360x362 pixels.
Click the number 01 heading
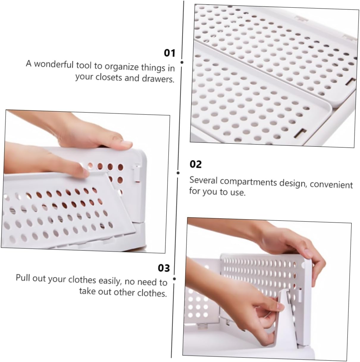coord(170,53)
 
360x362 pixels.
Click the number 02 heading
coord(195,164)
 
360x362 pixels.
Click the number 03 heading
coord(163,268)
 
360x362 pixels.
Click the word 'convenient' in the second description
coord(331,184)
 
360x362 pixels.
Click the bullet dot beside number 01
coord(182,62)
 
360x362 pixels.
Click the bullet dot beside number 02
coord(178,173)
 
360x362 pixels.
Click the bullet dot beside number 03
coord(174,279)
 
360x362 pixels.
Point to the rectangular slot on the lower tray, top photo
coord(303,133)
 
